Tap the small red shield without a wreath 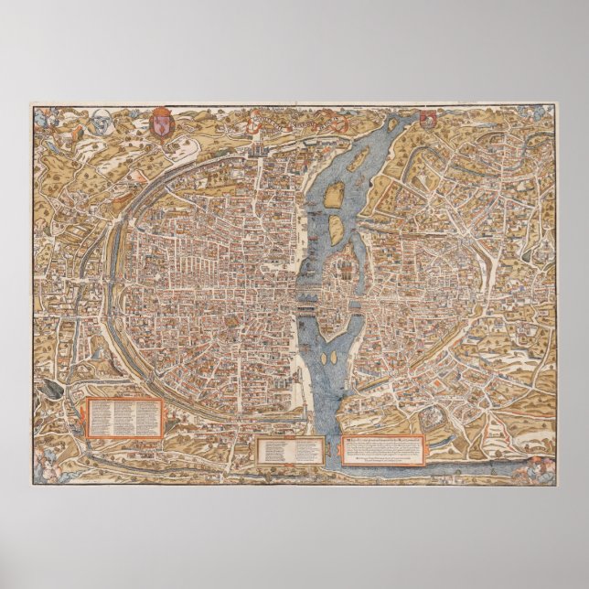pos(428,117)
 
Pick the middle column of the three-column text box pos(125,416)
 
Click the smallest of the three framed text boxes pos(289,448)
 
